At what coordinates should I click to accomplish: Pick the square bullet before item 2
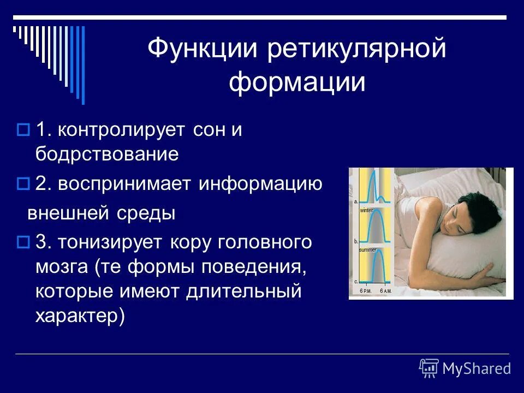click(x=22, y=184)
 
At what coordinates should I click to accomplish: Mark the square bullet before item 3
click(x=22, y=242)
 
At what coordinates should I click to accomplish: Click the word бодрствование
click(x=107, y=154)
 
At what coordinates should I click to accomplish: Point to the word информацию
click(x=260, y=184)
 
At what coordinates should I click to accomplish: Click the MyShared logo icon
click(x=428, y=368)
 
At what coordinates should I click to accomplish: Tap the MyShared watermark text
click(x=477, y=369)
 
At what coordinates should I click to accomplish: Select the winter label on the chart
click(x=366, y=210)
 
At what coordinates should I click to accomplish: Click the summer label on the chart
click(x=367, y=250)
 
